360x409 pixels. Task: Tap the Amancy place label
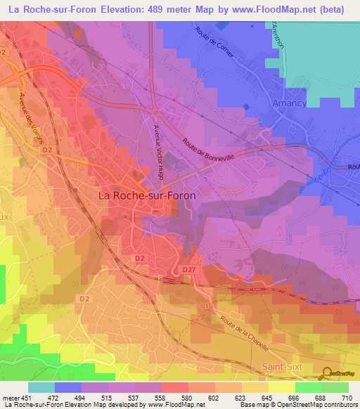290,103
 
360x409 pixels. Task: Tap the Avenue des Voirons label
38,116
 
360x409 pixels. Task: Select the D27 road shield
188,270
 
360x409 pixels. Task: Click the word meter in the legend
10,397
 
